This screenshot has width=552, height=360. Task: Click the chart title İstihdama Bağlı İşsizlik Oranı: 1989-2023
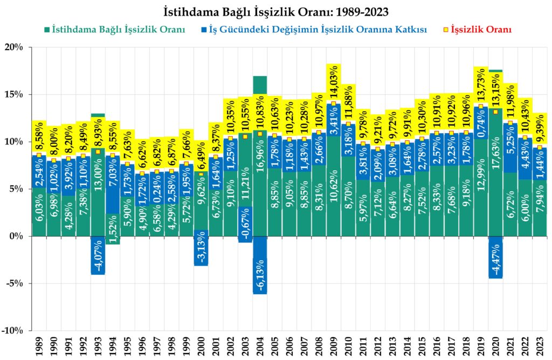pyautogui.click(x=276, y=10)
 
